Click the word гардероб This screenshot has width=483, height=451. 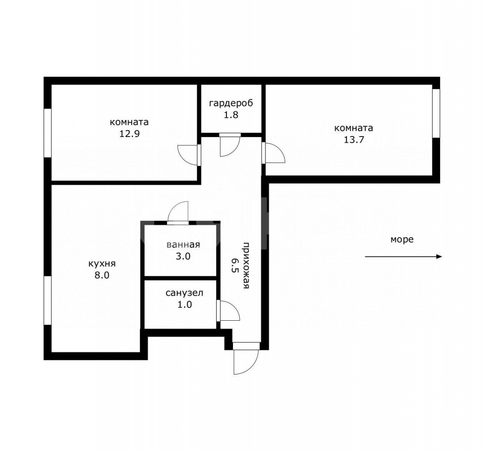(231, 103)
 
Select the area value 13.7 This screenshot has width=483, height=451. (354, 140)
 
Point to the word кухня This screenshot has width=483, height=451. (102, 264)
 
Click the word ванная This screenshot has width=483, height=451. (183, 245)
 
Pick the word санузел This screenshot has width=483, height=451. (184, 293)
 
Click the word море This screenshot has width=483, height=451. (402, 239)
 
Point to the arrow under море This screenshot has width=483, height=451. (403, 257)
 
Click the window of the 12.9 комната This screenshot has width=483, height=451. (48, 133)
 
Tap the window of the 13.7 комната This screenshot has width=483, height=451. (435, 113)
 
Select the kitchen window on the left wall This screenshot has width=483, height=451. (48, 300)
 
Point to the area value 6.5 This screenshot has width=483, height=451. (234, 264)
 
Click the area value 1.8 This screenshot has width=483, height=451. (231, 115)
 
